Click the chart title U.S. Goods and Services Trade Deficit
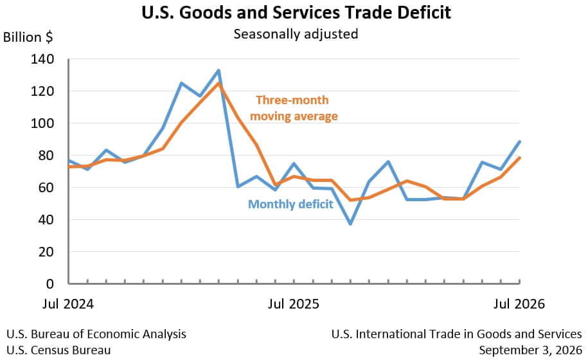[296, 12]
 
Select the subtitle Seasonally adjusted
[296, 34]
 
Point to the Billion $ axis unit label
[28, 37]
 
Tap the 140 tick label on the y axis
[42, 59]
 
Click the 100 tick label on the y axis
[42, 123]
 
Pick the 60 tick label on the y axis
[46, 188]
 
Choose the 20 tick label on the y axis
[46, 251]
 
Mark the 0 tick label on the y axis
[50, 284]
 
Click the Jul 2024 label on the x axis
[68, 303]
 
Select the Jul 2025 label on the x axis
[293, 303]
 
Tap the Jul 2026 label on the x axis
[519, 303]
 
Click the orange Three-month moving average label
[294, 108]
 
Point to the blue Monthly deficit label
[290, 204]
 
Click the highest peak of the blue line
[218, 70]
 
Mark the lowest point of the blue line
[350, 224]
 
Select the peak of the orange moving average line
[218, 83]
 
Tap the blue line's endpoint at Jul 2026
[519, 141]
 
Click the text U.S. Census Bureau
[58, 350]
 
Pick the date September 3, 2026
[530, 350]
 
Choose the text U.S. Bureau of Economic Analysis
[96, 334]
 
